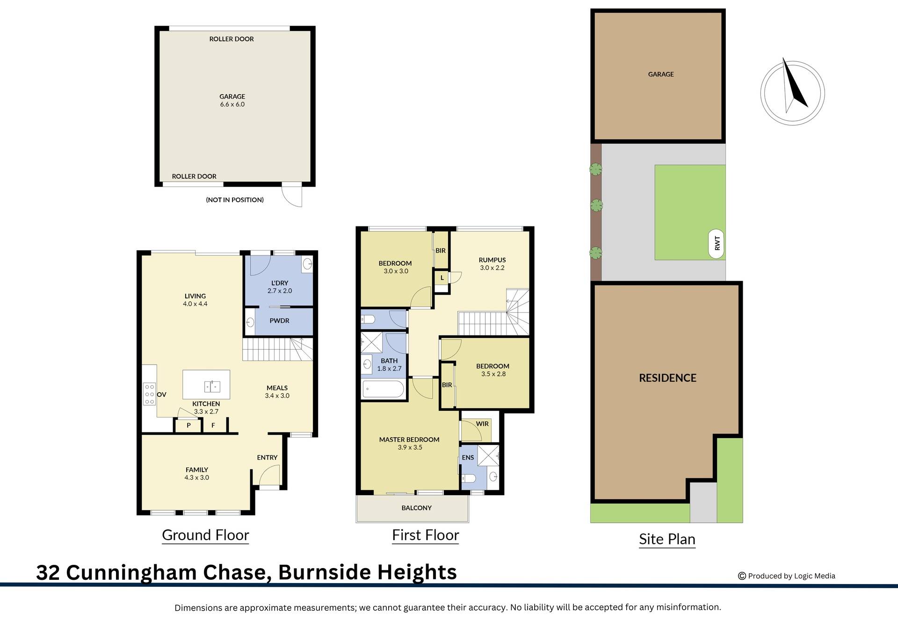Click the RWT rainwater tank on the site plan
point(717,244)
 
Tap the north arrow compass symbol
point(792,93)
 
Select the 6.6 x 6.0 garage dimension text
point(232,104)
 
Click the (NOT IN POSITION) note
point(235,200)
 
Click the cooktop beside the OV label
point(149,394)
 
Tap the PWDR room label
point(279,321)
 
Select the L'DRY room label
point(280,283)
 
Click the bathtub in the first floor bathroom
point(383,389)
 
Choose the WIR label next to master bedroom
point(482,424)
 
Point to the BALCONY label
point(416,508)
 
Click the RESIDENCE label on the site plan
point(667,378)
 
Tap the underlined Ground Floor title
point(205,535)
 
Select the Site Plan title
point(667,539)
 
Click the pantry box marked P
point(188,425)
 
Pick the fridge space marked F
point(213,425)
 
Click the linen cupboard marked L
point(442,278)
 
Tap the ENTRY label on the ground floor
point(267,458)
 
